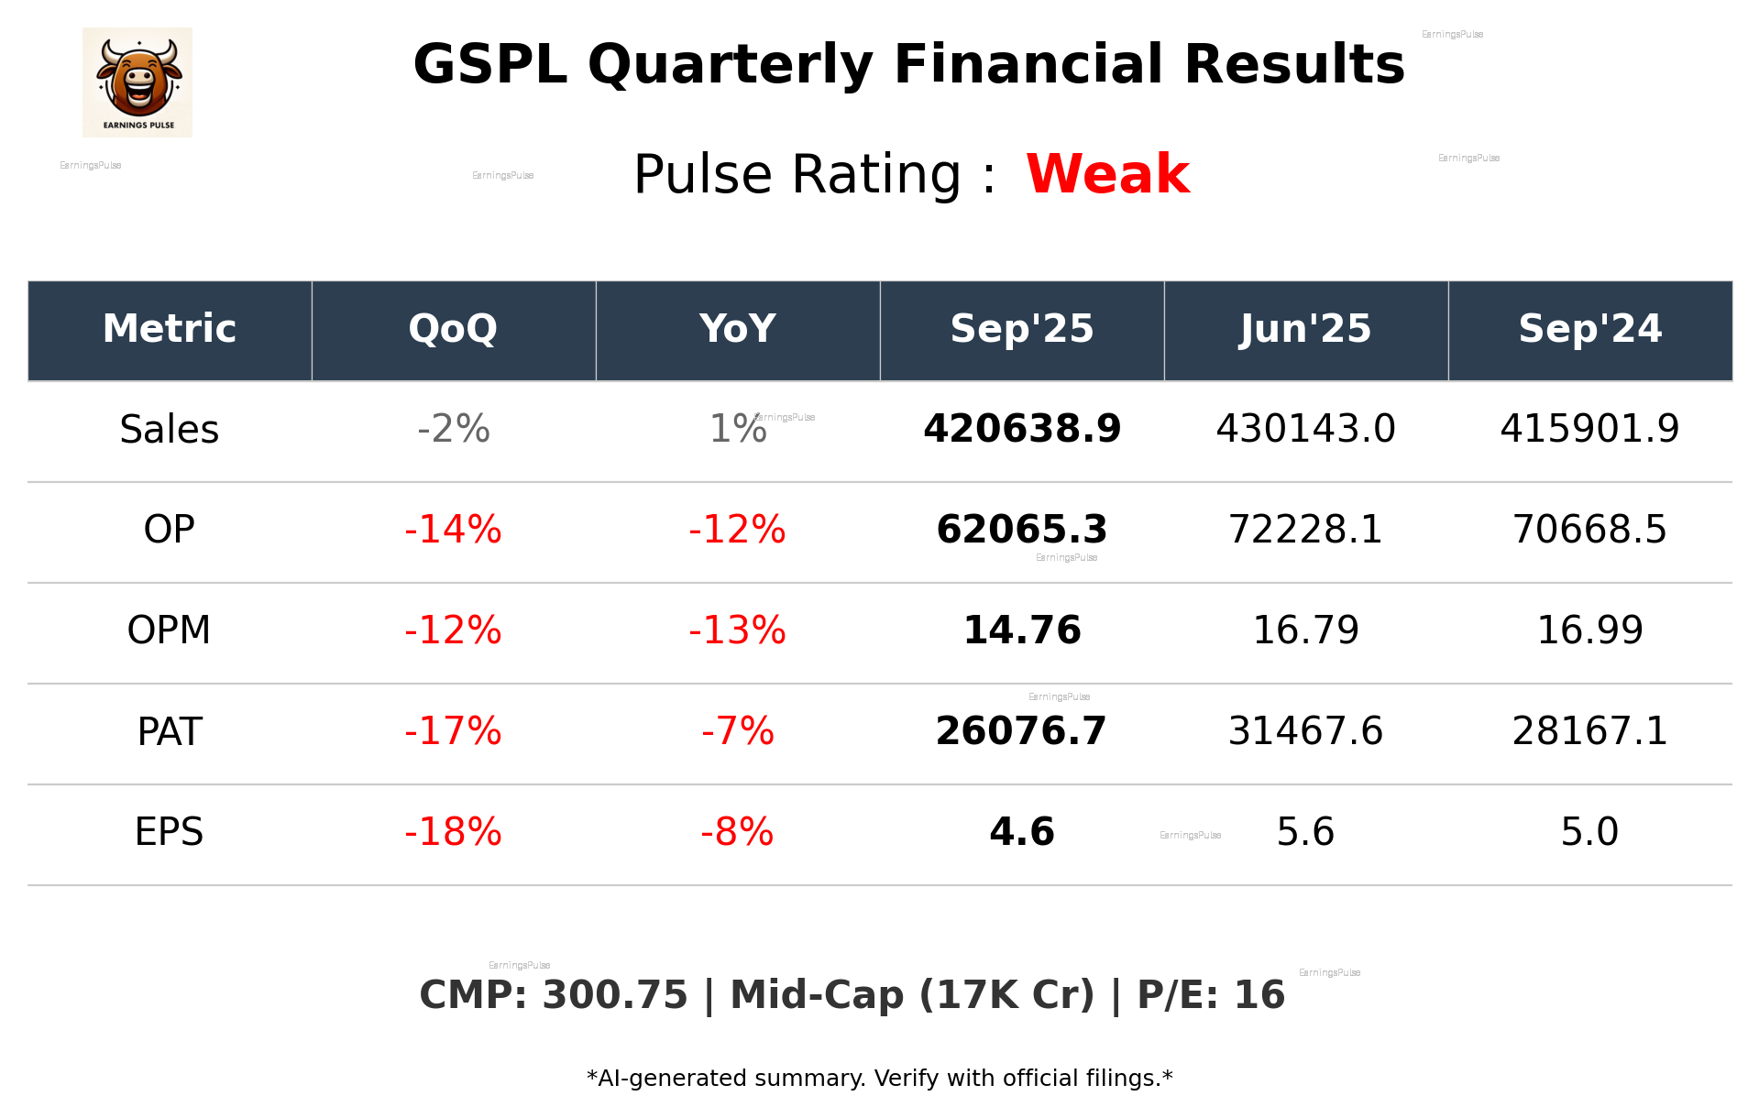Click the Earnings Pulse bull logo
point(137,82)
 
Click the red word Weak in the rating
point(1107,174)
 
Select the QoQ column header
point(453,329)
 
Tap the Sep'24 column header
point(1589,329)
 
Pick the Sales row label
point(170,430)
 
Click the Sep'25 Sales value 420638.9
point(1022,430)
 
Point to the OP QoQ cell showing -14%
point(453,530)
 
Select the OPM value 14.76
point(1022,630)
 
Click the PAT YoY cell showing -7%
point(737,731)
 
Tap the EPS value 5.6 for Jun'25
point(1305,832)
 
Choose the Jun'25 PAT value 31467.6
point(1305,731)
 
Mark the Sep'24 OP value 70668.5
point(1589,530)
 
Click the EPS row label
point(170,832)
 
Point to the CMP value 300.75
point(614,996)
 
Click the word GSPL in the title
point(489,65)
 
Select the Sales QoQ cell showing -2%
point(453,430)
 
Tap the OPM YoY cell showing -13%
point(737,630)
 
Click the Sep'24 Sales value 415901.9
point(1589,430)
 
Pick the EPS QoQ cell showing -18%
point(453,832)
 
